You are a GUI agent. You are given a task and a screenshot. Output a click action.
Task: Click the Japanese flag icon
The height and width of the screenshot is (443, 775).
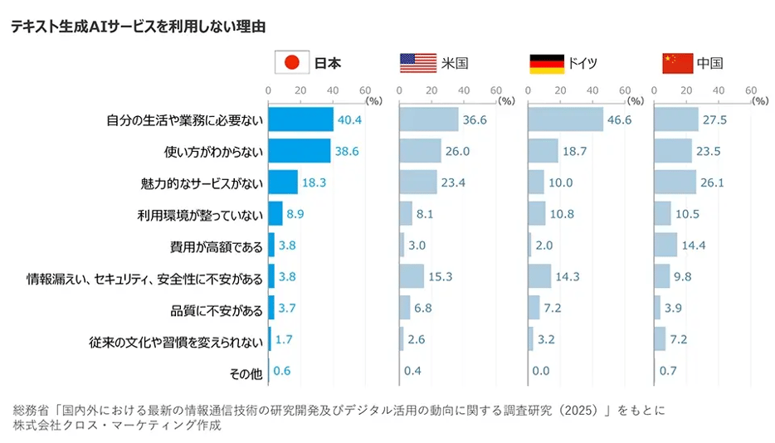point(291,62)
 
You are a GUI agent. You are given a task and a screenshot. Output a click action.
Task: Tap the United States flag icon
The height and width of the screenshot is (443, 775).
point(417,62)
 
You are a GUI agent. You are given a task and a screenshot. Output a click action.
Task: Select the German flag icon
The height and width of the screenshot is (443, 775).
point(547,62)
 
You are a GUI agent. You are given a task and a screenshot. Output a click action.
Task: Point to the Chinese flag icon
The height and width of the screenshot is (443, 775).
point(677,62)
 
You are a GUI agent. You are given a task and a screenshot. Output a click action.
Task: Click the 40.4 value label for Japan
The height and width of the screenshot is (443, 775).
point(349,120)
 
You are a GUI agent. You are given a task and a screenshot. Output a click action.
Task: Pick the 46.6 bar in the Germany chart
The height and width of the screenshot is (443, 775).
point(566,120)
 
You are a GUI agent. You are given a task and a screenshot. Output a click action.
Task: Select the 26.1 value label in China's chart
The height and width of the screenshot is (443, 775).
point(714,183)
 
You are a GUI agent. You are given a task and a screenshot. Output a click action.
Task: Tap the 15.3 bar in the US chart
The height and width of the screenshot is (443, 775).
point(412,276)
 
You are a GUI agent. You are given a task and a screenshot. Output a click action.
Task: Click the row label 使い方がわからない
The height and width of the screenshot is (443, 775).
point(213,152)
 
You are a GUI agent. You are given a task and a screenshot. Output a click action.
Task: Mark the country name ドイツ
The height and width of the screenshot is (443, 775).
point(582,63)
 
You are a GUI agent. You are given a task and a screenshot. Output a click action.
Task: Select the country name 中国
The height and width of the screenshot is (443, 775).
point(709,63)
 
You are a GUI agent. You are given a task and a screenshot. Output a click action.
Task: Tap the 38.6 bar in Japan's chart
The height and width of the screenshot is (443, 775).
point(300,151)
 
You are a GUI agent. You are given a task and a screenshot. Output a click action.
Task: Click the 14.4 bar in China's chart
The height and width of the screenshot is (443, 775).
point(665,246)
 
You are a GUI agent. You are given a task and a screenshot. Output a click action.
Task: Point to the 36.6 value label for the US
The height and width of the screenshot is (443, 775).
point(475,120)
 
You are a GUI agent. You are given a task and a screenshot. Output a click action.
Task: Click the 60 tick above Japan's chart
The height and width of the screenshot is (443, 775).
point(364,90)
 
